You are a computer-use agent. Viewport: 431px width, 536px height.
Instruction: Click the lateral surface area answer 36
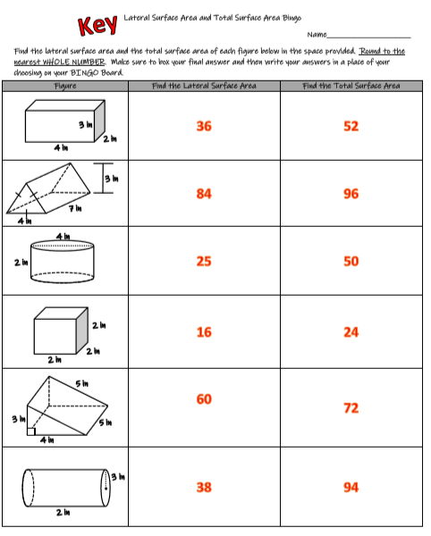pyautogui.click(x=204, y=126)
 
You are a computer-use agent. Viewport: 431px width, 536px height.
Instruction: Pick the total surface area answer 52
pyautogui.click(x=351, y=126)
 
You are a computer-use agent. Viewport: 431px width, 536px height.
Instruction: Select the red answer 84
pyautogui.click(x=204, y=193)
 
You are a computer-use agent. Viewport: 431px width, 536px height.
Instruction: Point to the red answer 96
pyautogui.click(x=351, y=193)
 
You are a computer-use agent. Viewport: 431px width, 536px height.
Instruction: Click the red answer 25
pyautogui.click(x=204, y=261)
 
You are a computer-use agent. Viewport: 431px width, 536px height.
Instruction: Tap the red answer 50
pyautogui.click(x=351, y=261)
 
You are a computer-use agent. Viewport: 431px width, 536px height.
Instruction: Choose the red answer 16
pyautogui.click(x=204, y=331)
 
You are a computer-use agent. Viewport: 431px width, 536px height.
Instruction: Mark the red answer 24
pyautogui.click(x=351, y=331)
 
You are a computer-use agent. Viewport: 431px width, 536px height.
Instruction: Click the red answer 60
pyautogui.click(x=204, y=398)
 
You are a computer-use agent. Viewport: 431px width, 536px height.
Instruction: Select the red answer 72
pyautogui.click(x=351, y=408)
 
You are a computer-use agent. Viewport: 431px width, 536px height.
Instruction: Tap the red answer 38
pyautogui.click(x=204, y=487)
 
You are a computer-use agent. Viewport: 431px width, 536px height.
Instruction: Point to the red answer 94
pyautogui.click(x=351, y=487)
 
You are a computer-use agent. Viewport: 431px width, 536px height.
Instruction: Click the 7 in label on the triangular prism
pyautogui.click(x=78, y=208)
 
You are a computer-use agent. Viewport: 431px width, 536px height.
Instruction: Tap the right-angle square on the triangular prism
pyautogui.click(x=32, y=431)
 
